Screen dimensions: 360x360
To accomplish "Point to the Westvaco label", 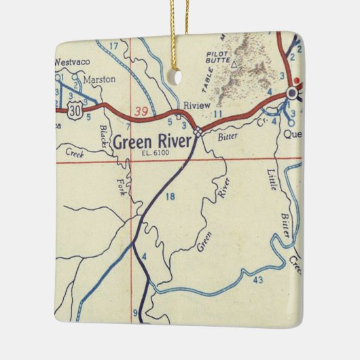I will pos(72,61).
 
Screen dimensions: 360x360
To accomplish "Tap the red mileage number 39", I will pos(141,110).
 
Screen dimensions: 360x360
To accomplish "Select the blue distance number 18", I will pos(170,197).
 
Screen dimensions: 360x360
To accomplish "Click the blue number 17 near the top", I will pos(114,46).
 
